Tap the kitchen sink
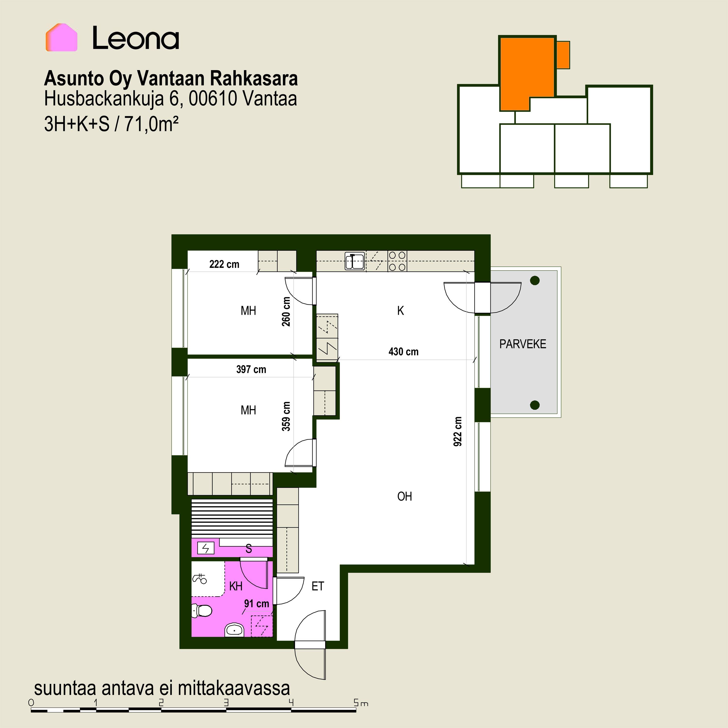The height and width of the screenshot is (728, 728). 355,261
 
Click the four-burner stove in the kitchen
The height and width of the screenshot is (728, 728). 397,261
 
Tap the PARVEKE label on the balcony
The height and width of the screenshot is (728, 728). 523,344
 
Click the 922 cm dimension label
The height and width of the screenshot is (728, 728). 457,431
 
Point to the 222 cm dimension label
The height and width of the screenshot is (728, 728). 224,264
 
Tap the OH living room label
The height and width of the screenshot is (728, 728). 405,496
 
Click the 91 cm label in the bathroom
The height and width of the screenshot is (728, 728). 256,603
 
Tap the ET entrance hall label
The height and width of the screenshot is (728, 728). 318,586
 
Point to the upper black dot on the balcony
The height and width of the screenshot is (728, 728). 535,280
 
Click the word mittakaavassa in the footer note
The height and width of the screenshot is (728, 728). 234,688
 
